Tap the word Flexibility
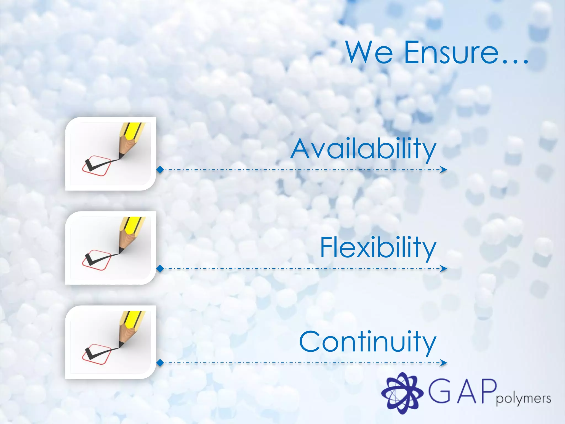pyautogui.click(x=378, y=248)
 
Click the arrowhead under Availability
pyautogui.click(x=443, y=169)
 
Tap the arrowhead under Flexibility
pyautogui.click(x=443, y=269)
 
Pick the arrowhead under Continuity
pyautogui.click(x=443, y=363)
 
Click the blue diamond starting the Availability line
pyautogui.click(x=160, y=169)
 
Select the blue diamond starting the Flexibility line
pyautogui.click(x=160, y=268)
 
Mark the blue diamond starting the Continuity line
pyautogui.click(x=160, y=363)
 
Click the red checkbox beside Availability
pyautogui.click(x=97, y=166)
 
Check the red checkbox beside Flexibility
pyautogui.click(x=97, y=260)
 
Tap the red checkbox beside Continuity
pyautogui.click(x=97, y=354)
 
